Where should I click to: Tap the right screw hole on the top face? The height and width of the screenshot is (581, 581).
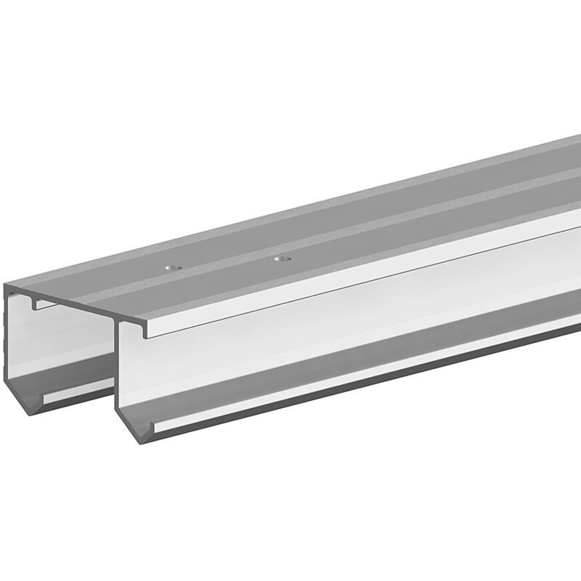(x=282, y=257)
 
